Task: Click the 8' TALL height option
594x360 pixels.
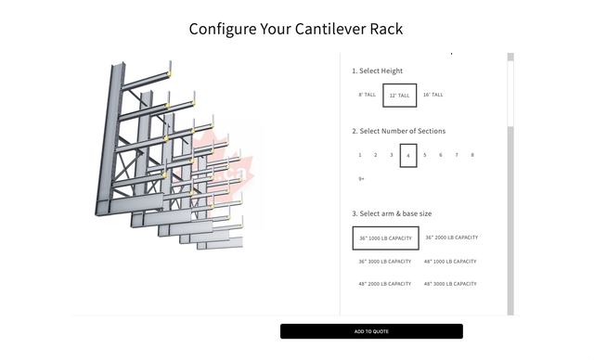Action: pyautogui.click(x=368, y=95)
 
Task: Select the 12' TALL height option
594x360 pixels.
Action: pyautogui.click(x=400, y=96)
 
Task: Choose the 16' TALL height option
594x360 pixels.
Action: pyautogui.click(x=433, y=95)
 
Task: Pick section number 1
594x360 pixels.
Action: pyautogui.click(x=359, y=155)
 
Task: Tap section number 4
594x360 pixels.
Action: pyautogui.click(x=408, y=156)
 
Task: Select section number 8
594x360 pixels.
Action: pyautogui.click(x=472, y=155)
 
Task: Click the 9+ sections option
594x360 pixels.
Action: pyautogui.click(x=362, y=178)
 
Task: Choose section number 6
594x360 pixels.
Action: pyautogui.click(x=441, y=155)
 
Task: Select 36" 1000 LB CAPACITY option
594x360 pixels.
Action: pyautogui.click(x=385, y=238)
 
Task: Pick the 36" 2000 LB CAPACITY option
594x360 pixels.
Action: pyautogui.click(x=452, y=238)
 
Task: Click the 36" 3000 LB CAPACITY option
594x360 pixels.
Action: pyautogui.click(x=385, y=261)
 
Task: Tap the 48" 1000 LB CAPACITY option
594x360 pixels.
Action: pyautogui.click(x=451, y=261)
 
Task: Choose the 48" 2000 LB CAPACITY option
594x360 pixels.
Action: pyautogui.click(x=385, y=284)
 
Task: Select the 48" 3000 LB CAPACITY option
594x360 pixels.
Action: pyautogui.click(x=451, y=284)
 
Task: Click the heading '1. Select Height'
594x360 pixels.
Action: pyautogui.click(x=377, y=71)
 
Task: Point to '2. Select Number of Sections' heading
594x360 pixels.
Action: pyautogui.click(x=398, y=131)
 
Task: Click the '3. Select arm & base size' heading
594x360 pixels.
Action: pyautogui.click(x=392, y=213)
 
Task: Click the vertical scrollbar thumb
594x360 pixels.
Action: pyautogui.click(x=510, y=186)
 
